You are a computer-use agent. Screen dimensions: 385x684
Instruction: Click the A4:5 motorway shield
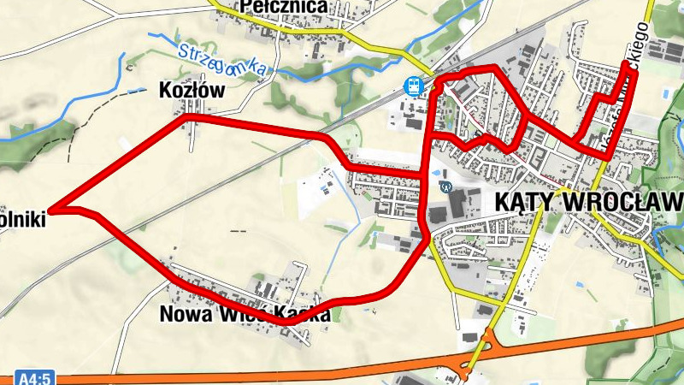click(35, 377)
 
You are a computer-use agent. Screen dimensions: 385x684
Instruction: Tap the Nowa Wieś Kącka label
click(245, 315)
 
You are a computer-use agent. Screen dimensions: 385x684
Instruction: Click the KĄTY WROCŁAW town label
click(588, 201)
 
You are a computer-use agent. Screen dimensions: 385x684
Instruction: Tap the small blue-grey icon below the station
click(444, 185)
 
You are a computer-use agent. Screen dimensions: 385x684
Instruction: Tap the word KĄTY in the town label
click(523, 201)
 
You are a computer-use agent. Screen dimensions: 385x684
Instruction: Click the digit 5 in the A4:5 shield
click(49, 377)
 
